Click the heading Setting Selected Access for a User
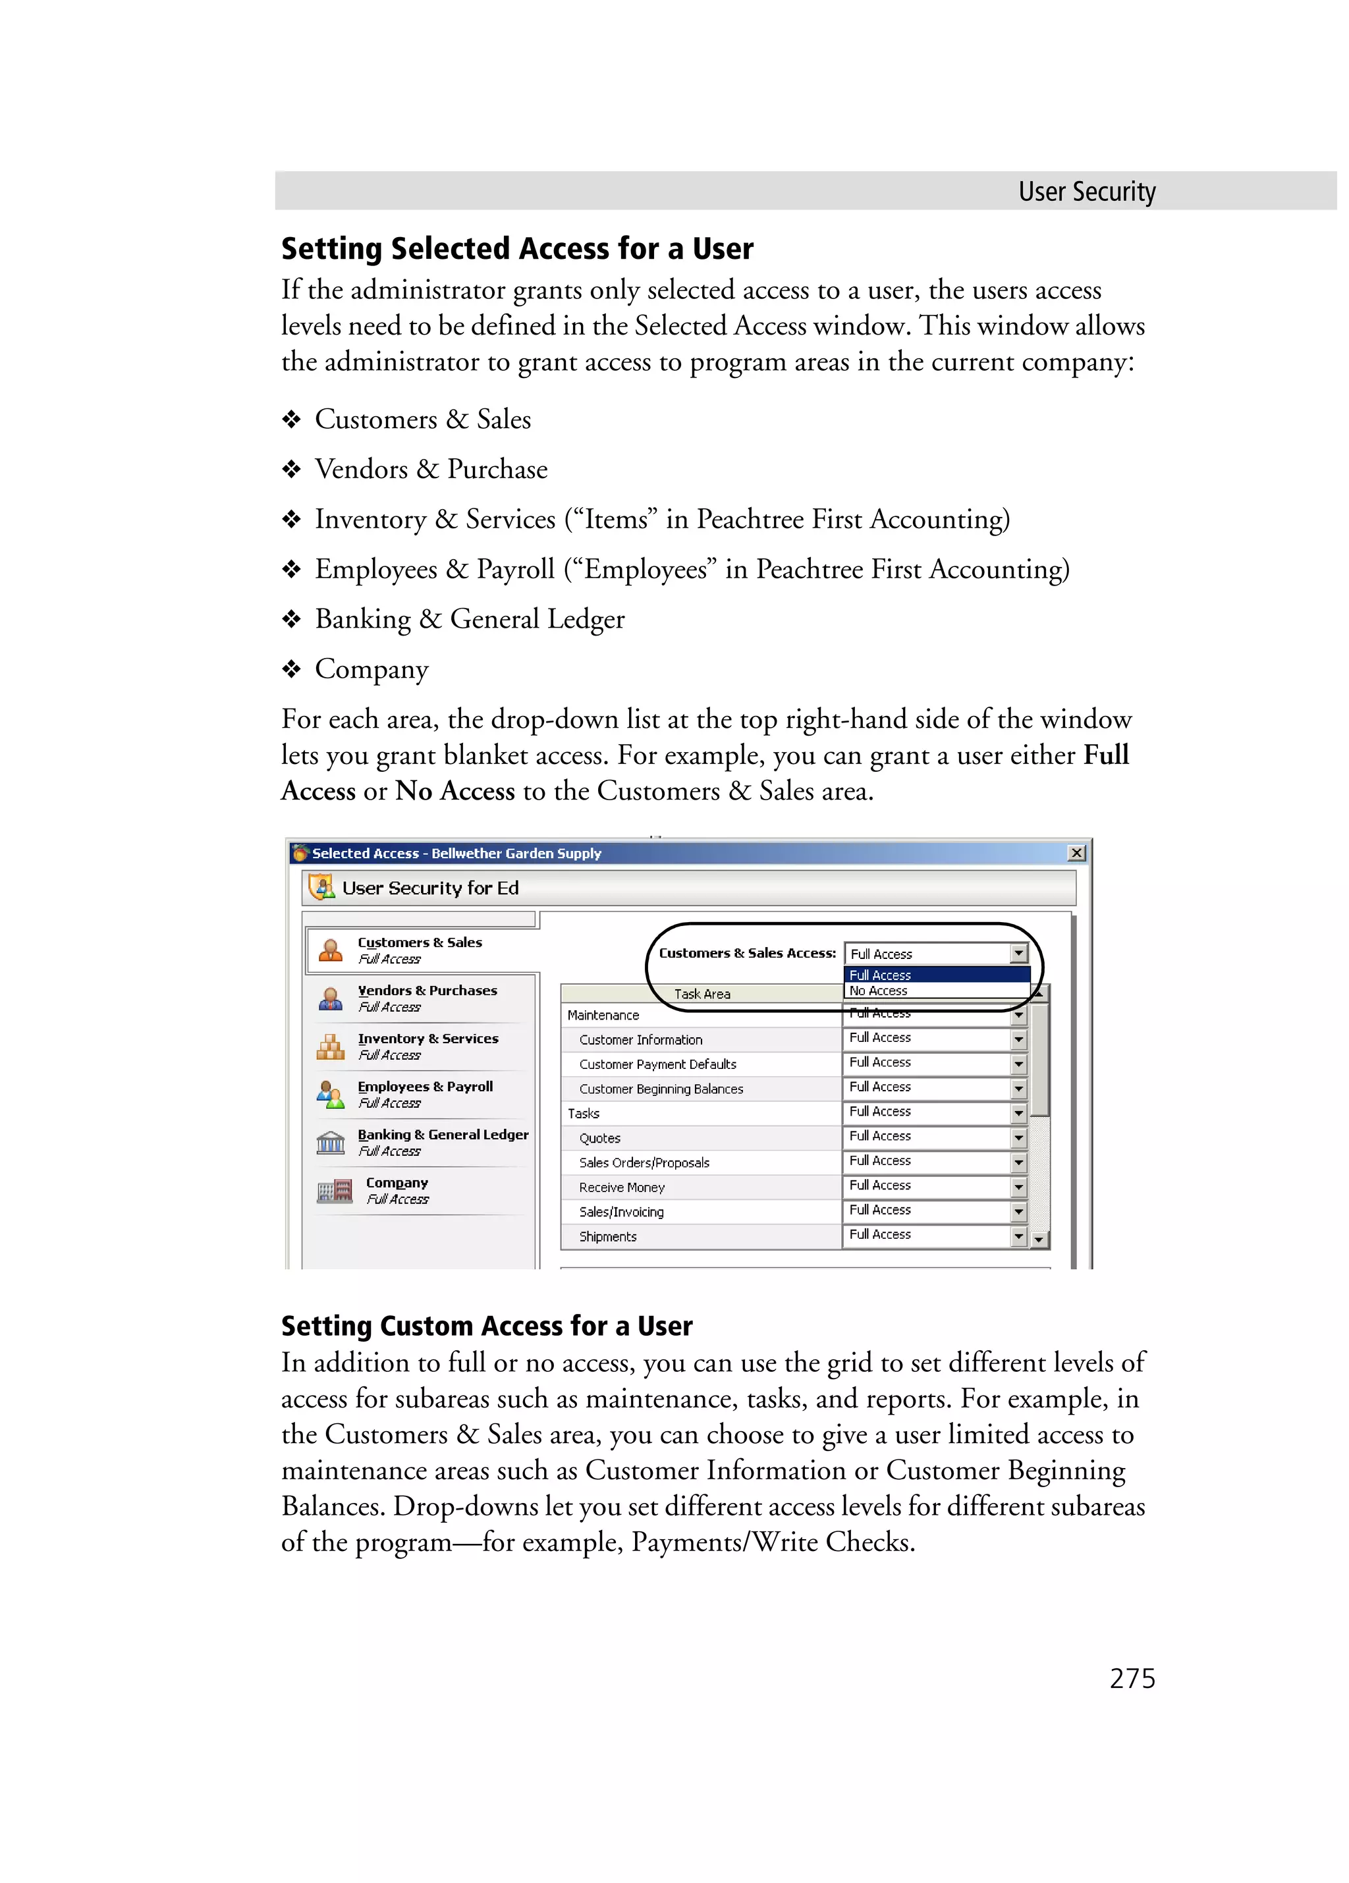pos(516,248)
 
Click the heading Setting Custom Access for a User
pos(487,1325)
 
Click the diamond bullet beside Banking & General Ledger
pos(290,618)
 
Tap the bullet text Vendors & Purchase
pos(431,469)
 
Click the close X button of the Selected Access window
pos(1076,853)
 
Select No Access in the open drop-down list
pos(878,991)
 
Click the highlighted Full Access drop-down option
pos(880,975)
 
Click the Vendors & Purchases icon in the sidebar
pos(331,998)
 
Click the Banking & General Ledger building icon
pos(331,1143)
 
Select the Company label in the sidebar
pos(397,1182)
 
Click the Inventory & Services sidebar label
pos(427,1039)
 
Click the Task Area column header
pos(702,994)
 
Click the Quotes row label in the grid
pos(599,1138)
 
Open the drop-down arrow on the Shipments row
pos(1018,1236)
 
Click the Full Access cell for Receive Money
pos(880,1186)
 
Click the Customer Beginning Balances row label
pos(661,1089)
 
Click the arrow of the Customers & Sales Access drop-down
pos(1018,953)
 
